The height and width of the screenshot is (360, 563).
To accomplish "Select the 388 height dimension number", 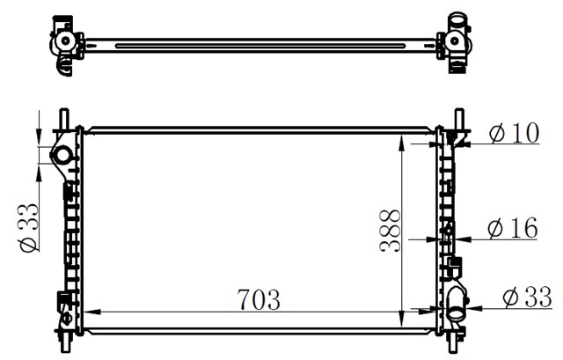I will (x=391, y=231).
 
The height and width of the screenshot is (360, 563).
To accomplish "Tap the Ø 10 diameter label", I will (x=512, y=133).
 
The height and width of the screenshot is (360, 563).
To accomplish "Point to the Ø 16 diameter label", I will (x=512, y=229).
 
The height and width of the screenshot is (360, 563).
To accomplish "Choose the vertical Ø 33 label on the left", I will (x=29, y=227).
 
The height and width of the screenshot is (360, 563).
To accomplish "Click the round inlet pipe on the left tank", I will (x=62, y=157).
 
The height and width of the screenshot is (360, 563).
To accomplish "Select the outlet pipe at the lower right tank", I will (x=456, y=305).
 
